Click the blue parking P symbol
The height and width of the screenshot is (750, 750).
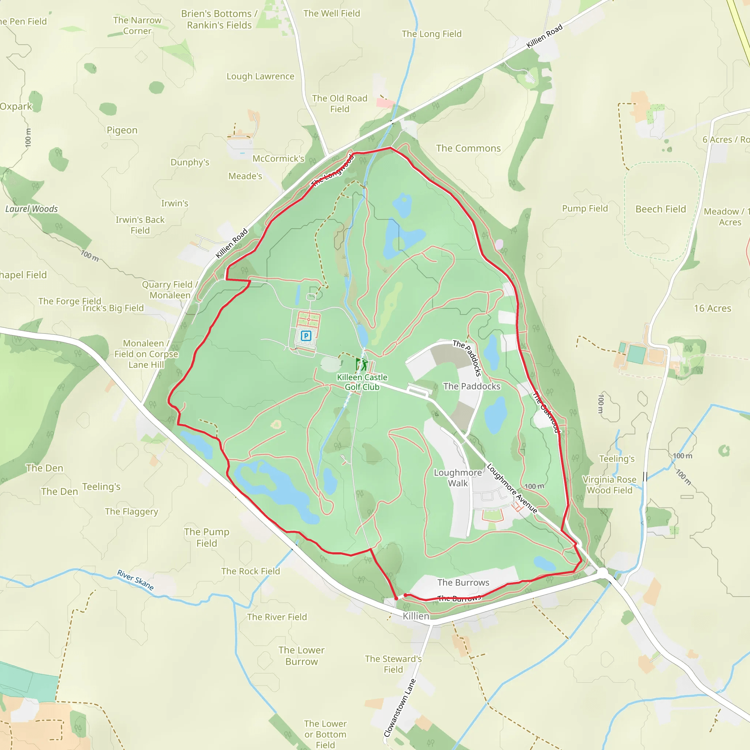[x=306, y=336]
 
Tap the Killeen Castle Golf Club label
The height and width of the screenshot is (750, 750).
[x=362, y=382]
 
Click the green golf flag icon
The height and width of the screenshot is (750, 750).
[x=361, y=364]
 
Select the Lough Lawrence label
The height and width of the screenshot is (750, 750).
[x=260, y=77]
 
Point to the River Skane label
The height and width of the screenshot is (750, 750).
[x=135, y=580]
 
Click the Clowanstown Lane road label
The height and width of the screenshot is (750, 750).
[x=400, y=707]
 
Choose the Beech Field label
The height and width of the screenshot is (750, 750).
[x=660, y=209]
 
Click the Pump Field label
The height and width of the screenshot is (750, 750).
[x=584, y=208]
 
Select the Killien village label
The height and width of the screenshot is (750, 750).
[x=416, y=616]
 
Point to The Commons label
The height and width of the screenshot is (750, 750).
[x=468, y=148]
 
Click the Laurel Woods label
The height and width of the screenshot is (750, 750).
[x=31, y=209]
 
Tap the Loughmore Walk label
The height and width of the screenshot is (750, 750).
[x=458, y=478]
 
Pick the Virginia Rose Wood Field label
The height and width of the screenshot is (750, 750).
[x=609, y=485]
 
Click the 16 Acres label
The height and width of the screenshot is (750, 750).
[x=712, y=308]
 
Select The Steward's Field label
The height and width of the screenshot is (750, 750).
[x=393, y=664]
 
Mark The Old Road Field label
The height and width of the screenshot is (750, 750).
[x=340, y=104]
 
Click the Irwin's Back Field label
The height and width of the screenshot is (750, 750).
[x=140, y=225]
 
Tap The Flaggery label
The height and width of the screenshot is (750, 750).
[x=131, y=512]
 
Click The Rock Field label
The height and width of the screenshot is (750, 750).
[x=250, y=571]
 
